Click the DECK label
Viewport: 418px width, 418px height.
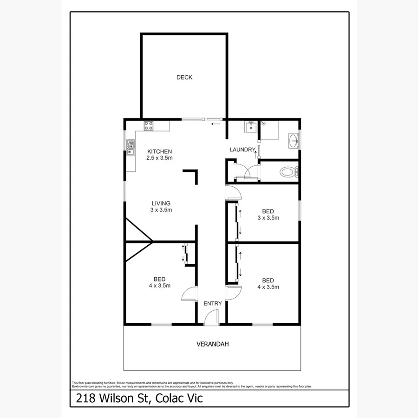pyautogui.click(x=184, y=78)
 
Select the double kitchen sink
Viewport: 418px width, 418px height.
pyautogui.click(x=130, y=148)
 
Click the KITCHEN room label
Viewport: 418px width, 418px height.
pyautogui.click(x=160, y=151)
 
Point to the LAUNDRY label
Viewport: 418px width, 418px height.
pyautogui.click(x=242, y=150)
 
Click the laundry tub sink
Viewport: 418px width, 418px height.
pyautogui.click(x=251, y=126)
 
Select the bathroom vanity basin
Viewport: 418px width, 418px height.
pyautogui.click(x=294, y=140)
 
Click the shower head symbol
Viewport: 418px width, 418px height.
pyautogui.click(x=263, y=123)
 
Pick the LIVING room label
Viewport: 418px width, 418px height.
pyautogui.click(x=161, y=203)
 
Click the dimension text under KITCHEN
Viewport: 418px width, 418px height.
pyautogui.click(x=160, y=158)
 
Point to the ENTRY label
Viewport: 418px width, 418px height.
pyautogui.click(x=213, y=303)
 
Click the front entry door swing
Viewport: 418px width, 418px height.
pyautogui.click(x=212, y=317)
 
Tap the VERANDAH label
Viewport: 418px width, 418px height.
pyautogui.click(x=212, y=344)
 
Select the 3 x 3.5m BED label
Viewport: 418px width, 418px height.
pyautogui.click(x=268, y=214)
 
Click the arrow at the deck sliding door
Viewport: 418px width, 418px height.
pyautogui.click(x=216, y=124)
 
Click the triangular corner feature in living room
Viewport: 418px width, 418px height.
pyautogui.click(x=137, y=232)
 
